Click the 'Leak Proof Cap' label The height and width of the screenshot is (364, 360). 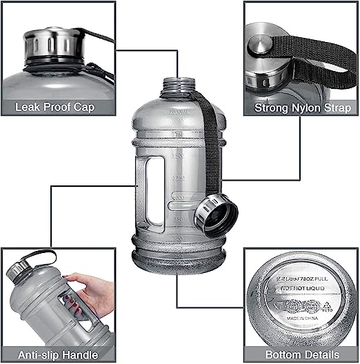[x=54, y=108]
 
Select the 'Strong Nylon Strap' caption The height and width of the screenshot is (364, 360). [x=302, y=108]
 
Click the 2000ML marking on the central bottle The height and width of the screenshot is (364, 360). [x=178, y=110]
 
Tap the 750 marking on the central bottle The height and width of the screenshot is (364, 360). [x=178, y=219]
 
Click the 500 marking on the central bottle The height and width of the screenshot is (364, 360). [x=178, y=239]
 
